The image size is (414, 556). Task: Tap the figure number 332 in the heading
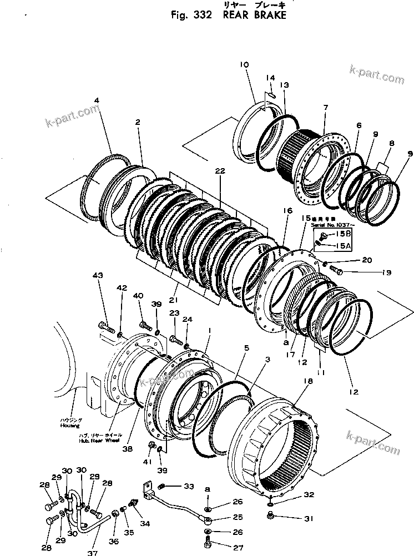coord(200,16)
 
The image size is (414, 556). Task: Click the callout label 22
coord(220,171)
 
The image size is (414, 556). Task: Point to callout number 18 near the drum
coord(309,381)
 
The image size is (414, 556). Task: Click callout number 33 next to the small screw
coord(189,487)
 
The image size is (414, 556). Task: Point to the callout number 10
coord(245,65)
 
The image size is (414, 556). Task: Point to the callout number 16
coord(286,211)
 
